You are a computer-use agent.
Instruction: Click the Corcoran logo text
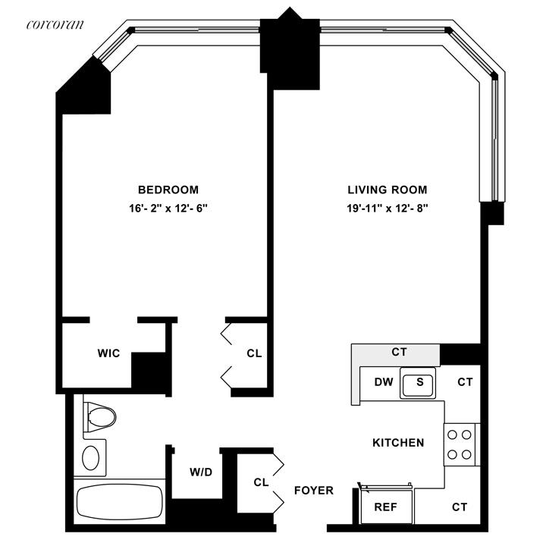(55, 24)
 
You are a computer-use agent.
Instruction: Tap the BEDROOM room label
(168, 190)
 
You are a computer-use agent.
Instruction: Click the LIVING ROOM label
(388, 190)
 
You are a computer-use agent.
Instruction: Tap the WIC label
(108, 354)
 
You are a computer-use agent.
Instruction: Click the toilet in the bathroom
(99, 416)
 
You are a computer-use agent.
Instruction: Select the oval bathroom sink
(91, 457)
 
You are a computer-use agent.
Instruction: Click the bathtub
(120, 501)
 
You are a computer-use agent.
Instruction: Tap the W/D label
(201, 472)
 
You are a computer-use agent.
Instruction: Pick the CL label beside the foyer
(261, 482)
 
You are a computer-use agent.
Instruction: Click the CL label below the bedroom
(254, 353)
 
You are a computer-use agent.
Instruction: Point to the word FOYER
(314, 491)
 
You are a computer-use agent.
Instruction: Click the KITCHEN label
(398, 442)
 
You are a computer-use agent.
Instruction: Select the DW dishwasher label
(384, 382)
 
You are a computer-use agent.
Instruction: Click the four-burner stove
(459, 444)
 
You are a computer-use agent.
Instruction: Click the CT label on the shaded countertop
(399, 353)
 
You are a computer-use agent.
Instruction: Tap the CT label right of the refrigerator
(459, 507)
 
